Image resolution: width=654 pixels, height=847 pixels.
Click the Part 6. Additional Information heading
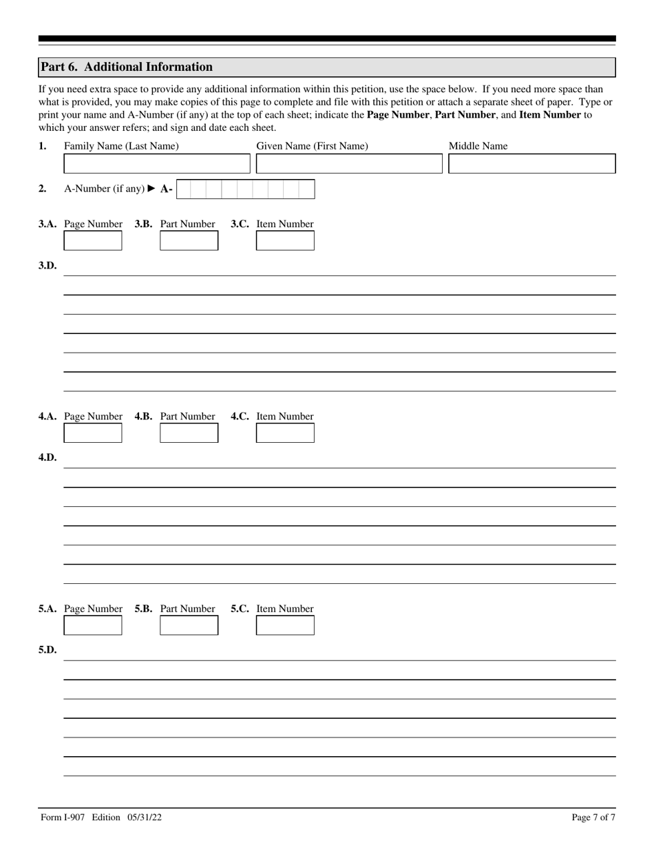point(127,67)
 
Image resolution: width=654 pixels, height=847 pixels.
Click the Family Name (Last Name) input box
point(157,164)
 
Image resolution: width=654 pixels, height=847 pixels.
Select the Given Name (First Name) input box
point(349,164)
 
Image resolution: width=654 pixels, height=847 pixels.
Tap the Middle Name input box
point(531,164)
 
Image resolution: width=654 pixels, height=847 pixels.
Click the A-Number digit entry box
point(246,189)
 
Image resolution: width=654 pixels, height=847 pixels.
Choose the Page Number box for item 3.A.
point(93,241)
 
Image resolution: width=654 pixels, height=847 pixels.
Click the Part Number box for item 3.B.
point(189,241)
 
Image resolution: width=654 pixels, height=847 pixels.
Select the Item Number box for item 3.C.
point(285,241)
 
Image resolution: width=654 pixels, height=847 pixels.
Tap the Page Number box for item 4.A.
point(93,433)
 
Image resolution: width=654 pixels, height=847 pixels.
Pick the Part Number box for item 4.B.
point(189,433)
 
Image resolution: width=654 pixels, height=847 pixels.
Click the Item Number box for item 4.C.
point(285,433)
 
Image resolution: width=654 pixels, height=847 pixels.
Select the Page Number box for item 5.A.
point(93,625)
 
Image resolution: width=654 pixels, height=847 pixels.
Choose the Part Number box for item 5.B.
point(189,625)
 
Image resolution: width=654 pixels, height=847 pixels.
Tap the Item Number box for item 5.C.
point(285,625)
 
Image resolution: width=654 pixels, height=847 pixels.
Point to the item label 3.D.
point(48,266)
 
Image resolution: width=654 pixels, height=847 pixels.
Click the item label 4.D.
point(48,458)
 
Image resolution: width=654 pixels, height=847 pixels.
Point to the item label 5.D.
point(48,650)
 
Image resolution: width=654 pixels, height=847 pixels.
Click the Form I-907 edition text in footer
point(101,818)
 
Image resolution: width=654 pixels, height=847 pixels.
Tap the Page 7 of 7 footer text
point(593,818)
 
